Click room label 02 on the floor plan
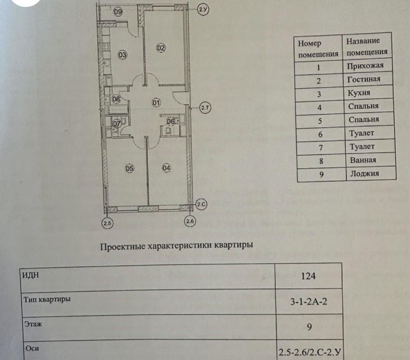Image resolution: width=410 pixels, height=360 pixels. click(161, 48)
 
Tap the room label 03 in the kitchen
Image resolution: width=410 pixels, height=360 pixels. click(122, 55)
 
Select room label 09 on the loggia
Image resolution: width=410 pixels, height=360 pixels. click(118, 12)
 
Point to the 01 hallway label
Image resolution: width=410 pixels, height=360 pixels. click(156, 103)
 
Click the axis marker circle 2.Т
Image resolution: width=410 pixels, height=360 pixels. click(205, 107)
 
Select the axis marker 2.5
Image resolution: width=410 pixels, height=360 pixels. click(108, 223)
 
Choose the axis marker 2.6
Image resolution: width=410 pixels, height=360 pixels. click(190, 222)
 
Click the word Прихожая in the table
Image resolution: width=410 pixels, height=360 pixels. click(362, 65)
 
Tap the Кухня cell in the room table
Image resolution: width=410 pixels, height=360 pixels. click(358, 93)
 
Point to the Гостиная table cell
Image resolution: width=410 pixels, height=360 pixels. click(363, 79)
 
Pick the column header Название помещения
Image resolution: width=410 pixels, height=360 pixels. click(367, 47)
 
